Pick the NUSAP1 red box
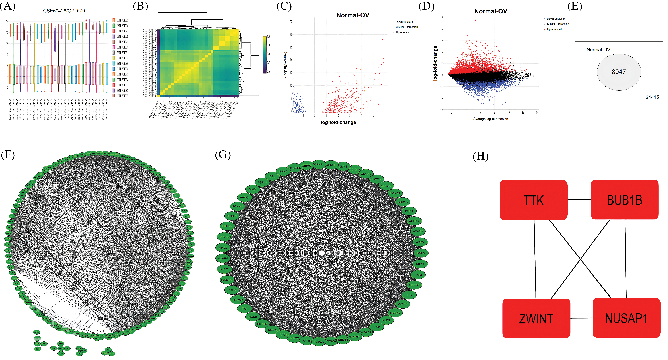pyautogui.click(x=626, y=318)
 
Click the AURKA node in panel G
pyautogui.click(x=414, y=221)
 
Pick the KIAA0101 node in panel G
pyautogui.click(x=224, y=237)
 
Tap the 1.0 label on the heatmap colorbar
pyautogui.click(x=268, y=36)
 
